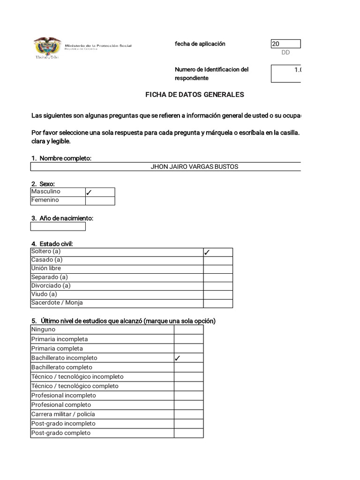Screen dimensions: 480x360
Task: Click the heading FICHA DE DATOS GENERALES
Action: (195, 95)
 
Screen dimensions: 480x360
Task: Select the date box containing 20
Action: (285, 44)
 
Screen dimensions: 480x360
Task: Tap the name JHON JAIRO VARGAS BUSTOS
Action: (194, 167)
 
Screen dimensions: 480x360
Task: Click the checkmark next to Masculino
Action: (89, 192)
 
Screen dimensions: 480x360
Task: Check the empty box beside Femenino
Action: (100, 201)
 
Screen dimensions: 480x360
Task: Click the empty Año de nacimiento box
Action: (58, 227)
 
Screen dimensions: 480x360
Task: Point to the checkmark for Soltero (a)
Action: (207, 252)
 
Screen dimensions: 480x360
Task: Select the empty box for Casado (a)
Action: (217, 261)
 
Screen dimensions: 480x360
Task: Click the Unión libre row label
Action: (46, 269)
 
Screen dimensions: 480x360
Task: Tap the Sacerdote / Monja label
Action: (57, 303)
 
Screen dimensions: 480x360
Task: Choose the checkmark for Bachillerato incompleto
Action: (178, 358)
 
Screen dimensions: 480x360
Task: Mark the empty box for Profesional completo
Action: (188, 405)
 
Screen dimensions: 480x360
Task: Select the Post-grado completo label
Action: (60, 433)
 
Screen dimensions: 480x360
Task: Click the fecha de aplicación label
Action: (200, 44)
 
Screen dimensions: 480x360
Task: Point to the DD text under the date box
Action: (285, 52)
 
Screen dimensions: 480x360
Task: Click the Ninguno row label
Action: (43, 330)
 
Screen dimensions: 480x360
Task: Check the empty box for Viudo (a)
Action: (217, 295)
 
